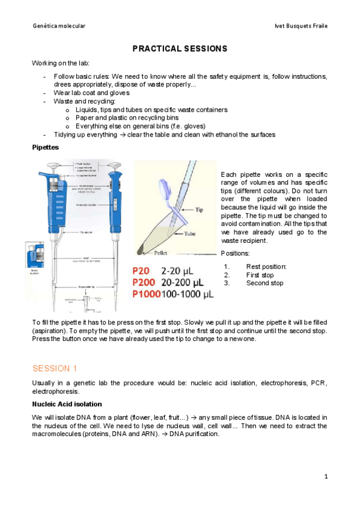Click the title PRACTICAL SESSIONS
pyautogui.click(x=180, y=48)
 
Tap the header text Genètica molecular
pyautogui.click(x=59, y=26)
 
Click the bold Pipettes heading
pyautogui.click(x=45, y=147)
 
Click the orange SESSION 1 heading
pyautogui.click(x=55, y=368)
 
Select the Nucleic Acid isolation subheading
pyautogui.click(x=67, y=404)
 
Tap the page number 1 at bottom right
pyautogui.click(x=325, y=476)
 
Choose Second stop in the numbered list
pyautogui.click(x=264, y=283)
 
